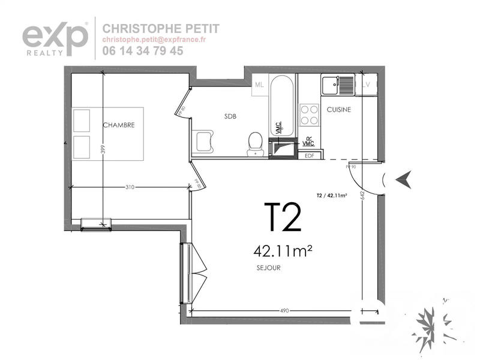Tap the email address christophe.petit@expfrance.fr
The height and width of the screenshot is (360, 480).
click(x=154, y=40)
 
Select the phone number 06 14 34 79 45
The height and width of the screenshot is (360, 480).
click(x=143, y=51)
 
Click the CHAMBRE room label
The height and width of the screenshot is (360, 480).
click(x=118, y=125)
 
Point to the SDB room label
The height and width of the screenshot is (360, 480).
click(x=230, y=116)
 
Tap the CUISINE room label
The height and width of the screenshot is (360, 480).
click(x=339, y=110)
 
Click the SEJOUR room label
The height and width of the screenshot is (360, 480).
click(x=268, y=268)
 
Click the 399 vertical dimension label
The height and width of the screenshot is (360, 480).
click(x=103, y=149)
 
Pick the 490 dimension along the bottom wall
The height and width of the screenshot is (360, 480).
click(x=284, y=311)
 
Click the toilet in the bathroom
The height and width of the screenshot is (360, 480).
click(x=256, y=144)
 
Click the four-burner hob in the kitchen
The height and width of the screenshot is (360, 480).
click(x=309, y=114)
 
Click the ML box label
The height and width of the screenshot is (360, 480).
click(x=259, y=85)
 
